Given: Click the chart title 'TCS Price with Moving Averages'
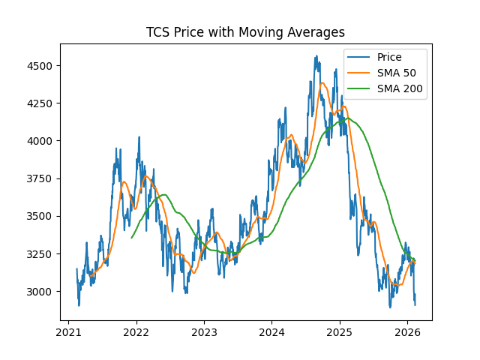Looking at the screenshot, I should coord(245,32).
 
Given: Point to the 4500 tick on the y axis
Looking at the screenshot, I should coord(41,66).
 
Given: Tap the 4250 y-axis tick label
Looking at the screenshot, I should coord(41,103).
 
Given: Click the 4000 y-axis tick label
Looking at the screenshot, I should coord(41,141).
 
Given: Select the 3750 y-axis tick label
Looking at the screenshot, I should coord(41,178).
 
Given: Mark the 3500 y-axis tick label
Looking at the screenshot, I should coord(41,216).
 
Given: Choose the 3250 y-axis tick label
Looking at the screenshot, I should coord(41,253).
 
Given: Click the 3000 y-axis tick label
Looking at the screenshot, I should coord(41,291).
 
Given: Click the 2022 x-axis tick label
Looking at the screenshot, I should coord(136,332).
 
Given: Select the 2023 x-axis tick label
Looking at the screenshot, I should coord(204,332).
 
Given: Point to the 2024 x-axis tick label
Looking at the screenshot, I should coord(271,332).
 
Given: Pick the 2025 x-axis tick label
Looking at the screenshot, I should coord(340,332).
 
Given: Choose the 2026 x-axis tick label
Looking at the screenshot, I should coord(407,332).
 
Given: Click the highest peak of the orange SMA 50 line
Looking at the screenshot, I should coord(322,82).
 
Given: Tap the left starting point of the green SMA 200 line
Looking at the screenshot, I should coord(131,238).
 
